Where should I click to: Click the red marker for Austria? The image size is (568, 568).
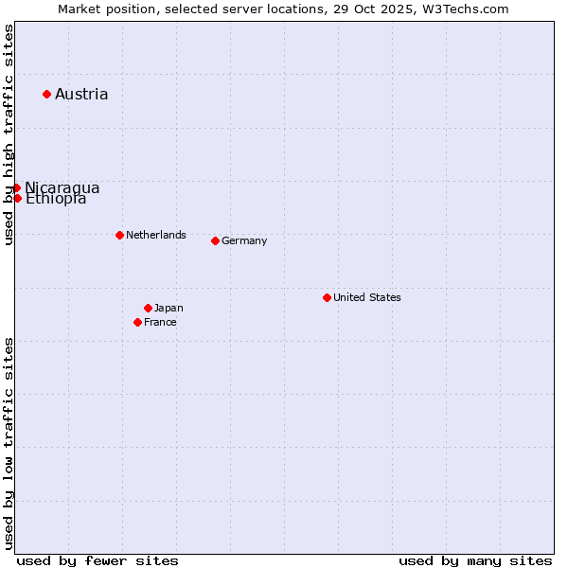point(46,94)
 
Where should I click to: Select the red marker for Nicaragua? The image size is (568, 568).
point(17,187)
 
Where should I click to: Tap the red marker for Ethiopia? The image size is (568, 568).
point(17,198)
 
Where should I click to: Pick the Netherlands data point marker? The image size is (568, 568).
point(119,235)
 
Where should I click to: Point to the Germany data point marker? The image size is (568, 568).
point(215,240)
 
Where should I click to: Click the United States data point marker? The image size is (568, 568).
point(327,297)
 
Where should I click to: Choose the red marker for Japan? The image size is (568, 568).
point(148,308)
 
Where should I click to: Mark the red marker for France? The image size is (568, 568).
point(137,322)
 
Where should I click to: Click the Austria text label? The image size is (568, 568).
point(81,94)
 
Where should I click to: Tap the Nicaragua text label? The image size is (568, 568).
point(62,187)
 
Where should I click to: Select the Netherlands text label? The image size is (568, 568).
point(156,235)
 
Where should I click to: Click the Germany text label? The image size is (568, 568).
point(244,240)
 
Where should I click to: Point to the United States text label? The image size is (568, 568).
point(367,297)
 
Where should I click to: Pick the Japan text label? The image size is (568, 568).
point(169,308)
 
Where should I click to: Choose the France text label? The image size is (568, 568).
point(160,322)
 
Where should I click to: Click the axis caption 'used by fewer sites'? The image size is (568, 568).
point(98,560)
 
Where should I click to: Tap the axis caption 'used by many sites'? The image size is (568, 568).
point(475,560)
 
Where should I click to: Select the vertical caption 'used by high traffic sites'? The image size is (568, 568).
point(9,135)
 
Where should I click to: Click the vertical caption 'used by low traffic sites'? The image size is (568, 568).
point(9,443)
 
